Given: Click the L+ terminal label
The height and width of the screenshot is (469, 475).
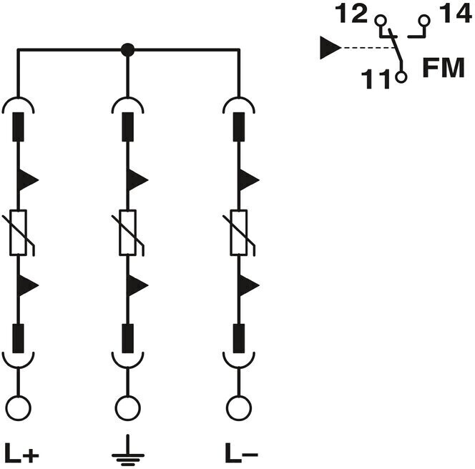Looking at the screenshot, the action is [21, 453].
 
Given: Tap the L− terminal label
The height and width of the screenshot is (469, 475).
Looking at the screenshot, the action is [242, 453].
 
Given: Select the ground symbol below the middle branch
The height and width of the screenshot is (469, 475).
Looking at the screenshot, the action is [128, 450].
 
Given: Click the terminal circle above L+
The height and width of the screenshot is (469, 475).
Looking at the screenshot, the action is [19, 408].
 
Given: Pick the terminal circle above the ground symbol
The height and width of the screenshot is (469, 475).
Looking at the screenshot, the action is [128, 408].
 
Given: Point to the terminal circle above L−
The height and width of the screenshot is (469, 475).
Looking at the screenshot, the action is [239, 408].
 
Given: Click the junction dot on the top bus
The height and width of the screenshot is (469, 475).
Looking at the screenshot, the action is [127, 49].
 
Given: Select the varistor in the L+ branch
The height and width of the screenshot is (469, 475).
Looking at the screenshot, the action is [19, 232].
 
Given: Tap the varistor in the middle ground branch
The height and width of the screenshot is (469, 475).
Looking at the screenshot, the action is [128, 232].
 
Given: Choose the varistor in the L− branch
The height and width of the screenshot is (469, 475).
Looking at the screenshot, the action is [239, 232].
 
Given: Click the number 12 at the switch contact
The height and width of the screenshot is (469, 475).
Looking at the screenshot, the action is [351, 14].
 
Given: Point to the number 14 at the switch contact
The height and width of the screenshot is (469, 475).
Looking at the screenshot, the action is [455, 14].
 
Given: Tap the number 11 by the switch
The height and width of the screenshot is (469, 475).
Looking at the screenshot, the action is [376, 79].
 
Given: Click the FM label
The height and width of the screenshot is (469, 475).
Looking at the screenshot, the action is [444, 67].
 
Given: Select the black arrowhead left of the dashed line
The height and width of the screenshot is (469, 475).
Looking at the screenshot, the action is [330, 48].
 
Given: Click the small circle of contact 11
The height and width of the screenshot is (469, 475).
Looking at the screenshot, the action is [401, 77].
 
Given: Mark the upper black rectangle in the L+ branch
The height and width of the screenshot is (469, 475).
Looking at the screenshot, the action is [18, 127].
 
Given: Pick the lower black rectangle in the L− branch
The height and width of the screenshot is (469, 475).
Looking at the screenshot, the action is [239, 338].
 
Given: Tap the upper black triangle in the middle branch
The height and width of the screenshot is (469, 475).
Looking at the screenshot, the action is [137, 180].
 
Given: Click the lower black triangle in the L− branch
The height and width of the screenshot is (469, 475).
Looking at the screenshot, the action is [248, 285].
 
